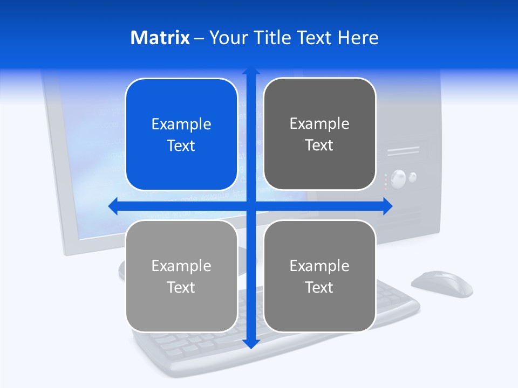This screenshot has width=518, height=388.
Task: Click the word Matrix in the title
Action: (x=160, y=38)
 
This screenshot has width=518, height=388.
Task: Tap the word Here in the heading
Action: (x=358, y=38)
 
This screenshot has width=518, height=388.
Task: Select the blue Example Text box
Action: (x=181, y=135)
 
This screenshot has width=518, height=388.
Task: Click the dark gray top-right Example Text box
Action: (x=319, y=134)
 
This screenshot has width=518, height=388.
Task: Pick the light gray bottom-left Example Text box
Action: (x=181, y=276)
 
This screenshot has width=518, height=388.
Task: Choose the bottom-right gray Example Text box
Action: (x=319, y=276)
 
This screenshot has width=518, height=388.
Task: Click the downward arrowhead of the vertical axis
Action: (x=251, y=344)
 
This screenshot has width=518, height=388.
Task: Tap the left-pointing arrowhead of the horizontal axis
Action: (x=112, y=206)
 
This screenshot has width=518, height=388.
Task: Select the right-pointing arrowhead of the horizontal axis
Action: (x=387, y=206)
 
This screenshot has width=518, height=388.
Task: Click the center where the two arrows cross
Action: (x=251, y=206)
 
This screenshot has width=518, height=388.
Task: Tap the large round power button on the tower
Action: (x=398, y=178)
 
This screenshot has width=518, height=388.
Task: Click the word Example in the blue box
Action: (x=181, y=124)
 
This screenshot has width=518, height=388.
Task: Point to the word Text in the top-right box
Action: (x=319, y=145)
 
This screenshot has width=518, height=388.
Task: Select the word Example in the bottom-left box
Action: (x=181, y=266)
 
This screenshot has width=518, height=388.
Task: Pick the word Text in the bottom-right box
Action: (x=319, y=287)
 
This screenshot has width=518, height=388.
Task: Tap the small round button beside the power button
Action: (x=413, y=176)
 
